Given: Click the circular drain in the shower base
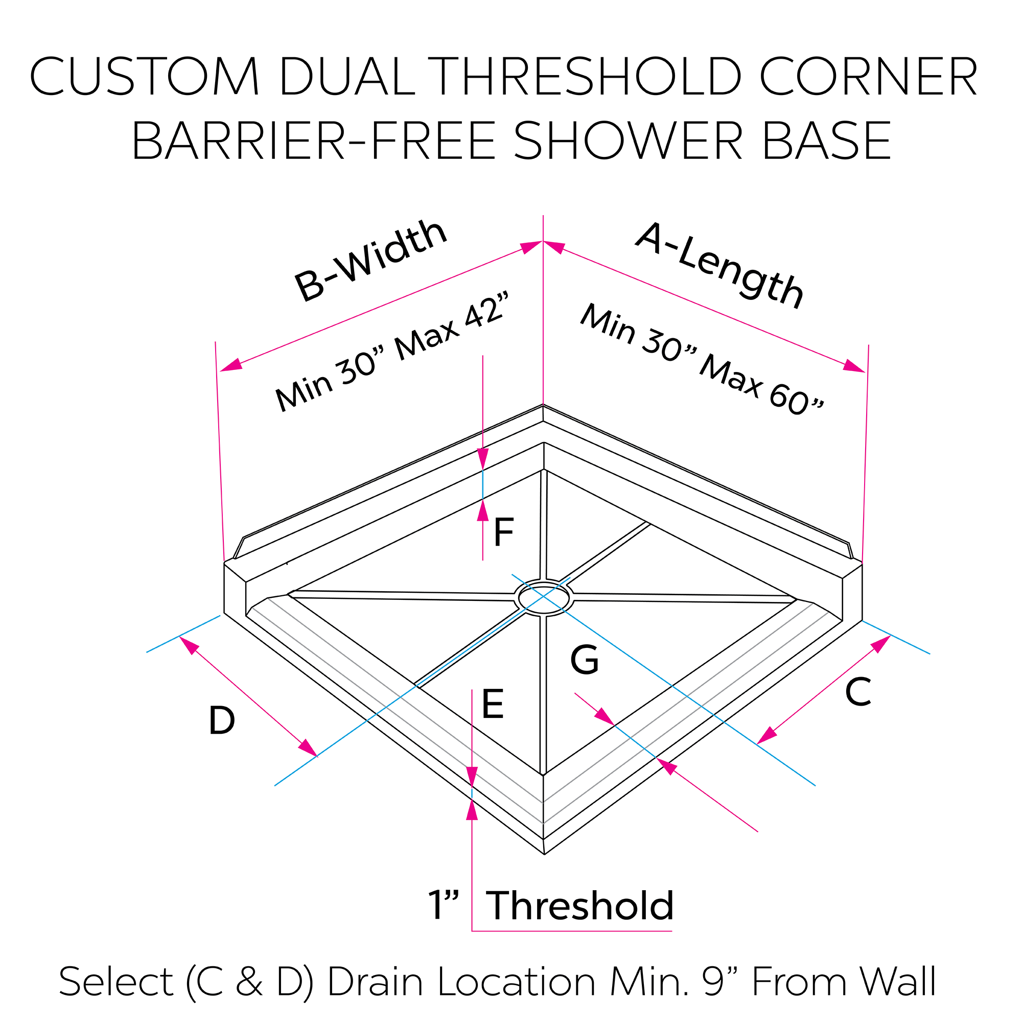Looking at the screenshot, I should [544, 598].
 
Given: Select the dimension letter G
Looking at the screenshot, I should [584, 660].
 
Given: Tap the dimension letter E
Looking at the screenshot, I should [493, 704].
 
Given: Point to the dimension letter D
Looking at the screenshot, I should [222, 721].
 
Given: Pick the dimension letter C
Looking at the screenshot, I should [857, 692].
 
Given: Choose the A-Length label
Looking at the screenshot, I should [720, 265].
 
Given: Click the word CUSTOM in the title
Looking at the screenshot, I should [145, 77].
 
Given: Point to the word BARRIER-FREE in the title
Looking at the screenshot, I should [313, 141].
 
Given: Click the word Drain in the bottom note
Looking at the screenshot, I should [375, 982].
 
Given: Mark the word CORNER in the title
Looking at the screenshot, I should [868, 77].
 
